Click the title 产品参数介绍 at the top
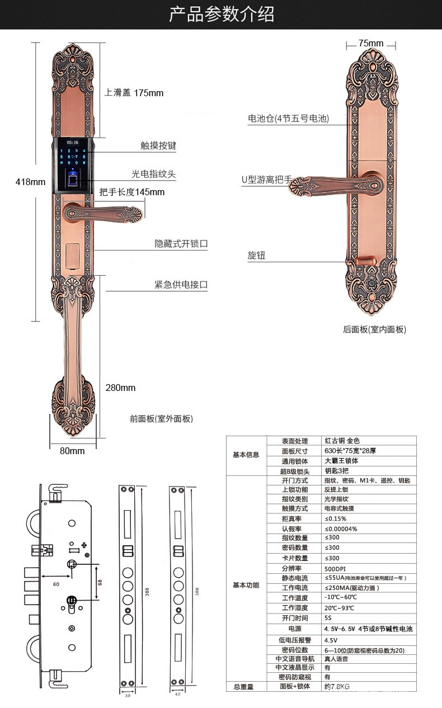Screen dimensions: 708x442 (x=221, y=14)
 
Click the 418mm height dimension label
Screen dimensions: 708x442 (x=30, y=182)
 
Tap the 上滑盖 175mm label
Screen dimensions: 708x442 (x=134, y=93)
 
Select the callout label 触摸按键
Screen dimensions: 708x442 (x=158, y=146)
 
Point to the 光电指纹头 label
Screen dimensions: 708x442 (x=154, y=174)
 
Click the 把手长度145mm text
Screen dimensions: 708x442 (x=132, y=192)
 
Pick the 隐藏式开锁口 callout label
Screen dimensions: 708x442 (x=181, y=244)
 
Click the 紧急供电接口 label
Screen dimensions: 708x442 (x=181, y=285)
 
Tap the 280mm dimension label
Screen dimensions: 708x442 (x=120, y=388)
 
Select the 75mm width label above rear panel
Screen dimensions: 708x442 (x=370, y=43)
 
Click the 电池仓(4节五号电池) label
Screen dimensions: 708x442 (x=288, y=119)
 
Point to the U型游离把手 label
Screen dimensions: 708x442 (x=266, y=180)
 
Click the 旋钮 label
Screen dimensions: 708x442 (x=256, y=256)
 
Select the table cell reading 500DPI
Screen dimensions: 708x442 (x=336, y=568)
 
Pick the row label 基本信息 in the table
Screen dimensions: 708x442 (x=246, y=455)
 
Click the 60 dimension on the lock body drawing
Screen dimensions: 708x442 (x=56, y=584)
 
